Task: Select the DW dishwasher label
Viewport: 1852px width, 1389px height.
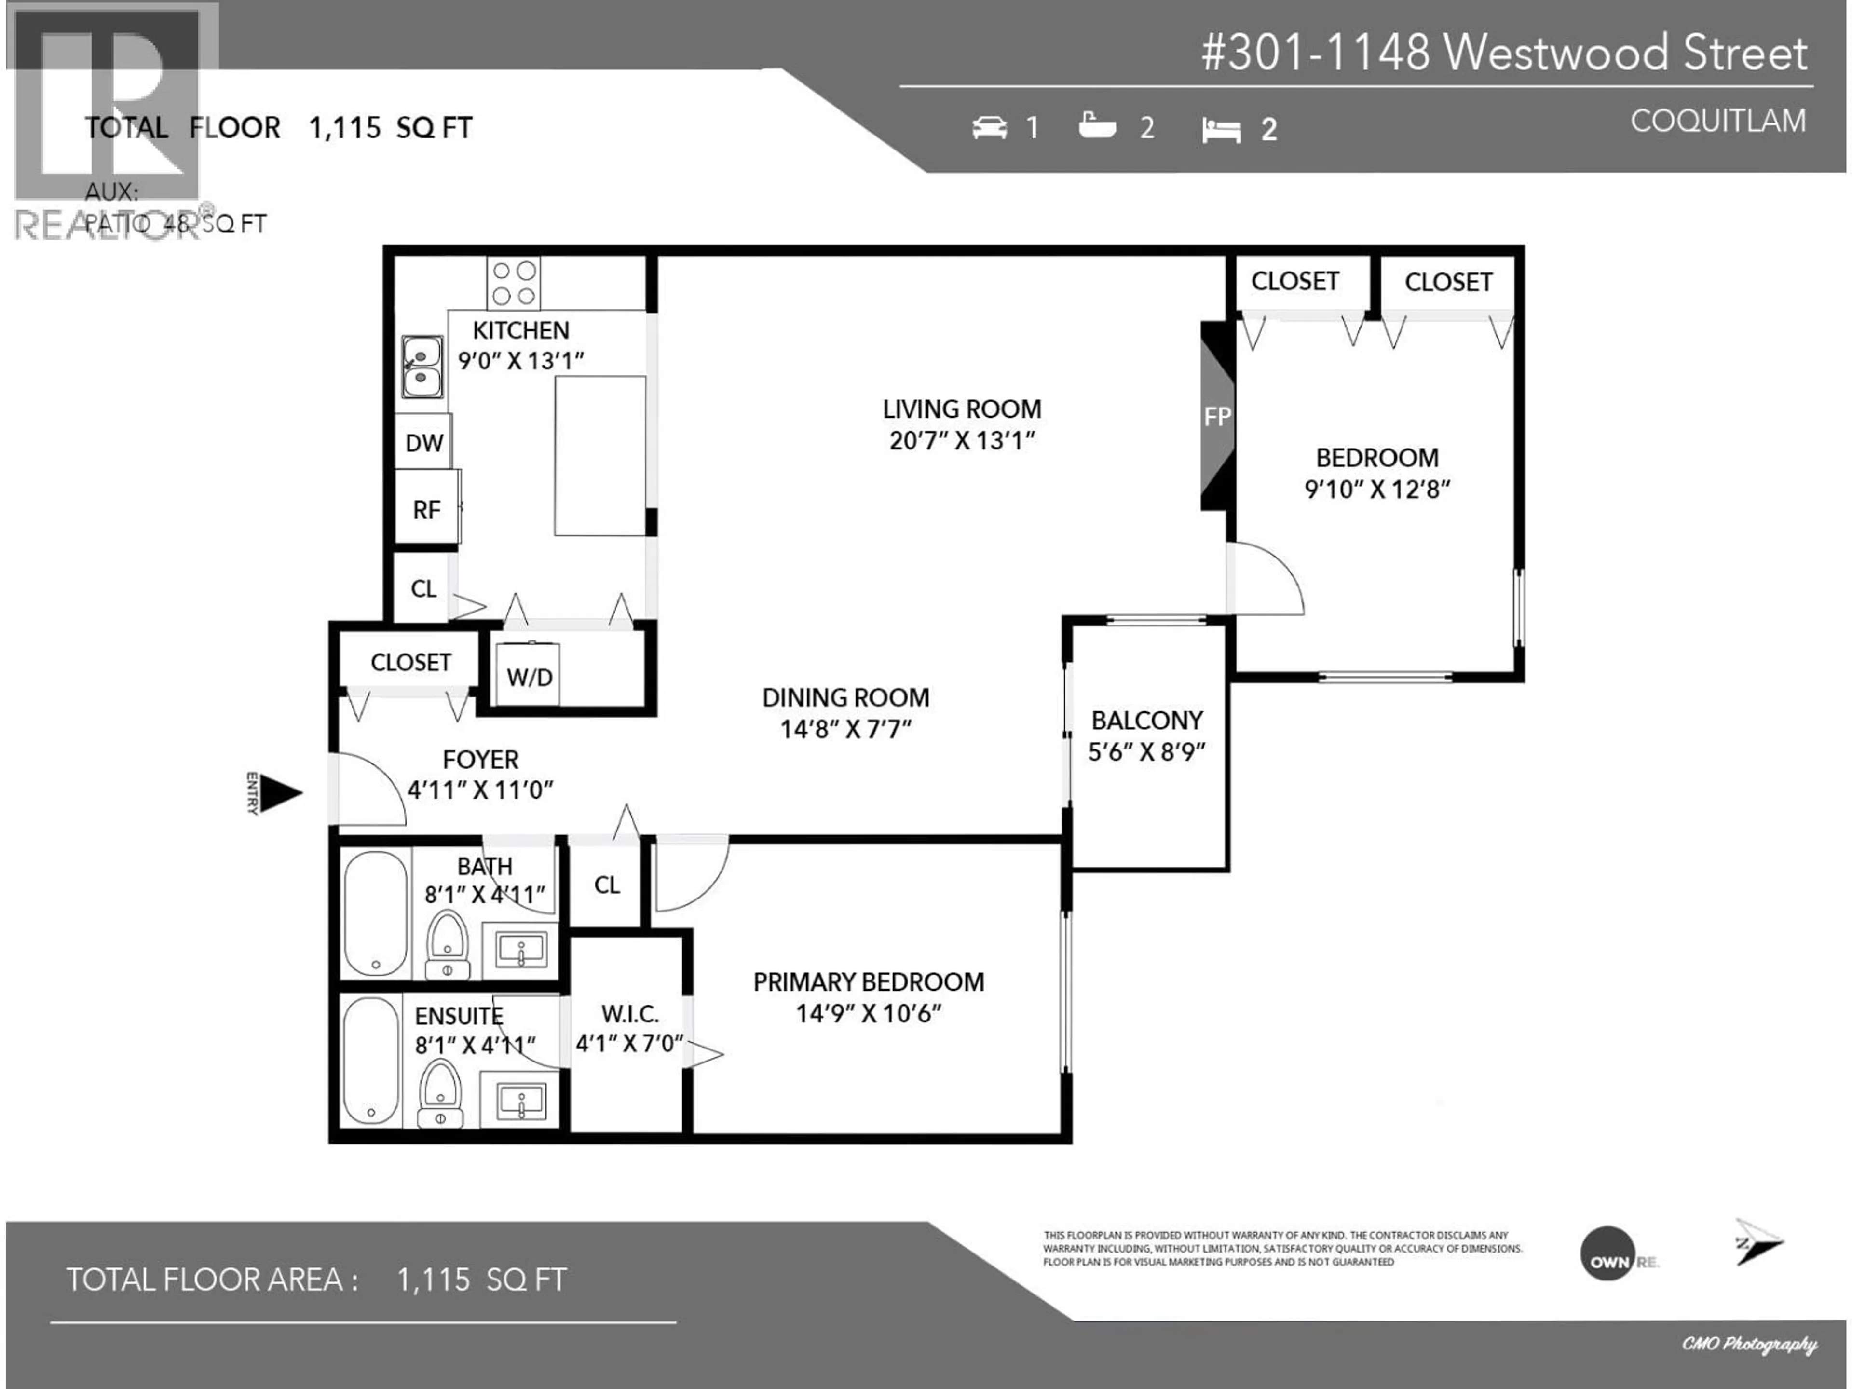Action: coord(424,443)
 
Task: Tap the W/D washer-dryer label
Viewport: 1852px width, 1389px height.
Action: coord(529,677)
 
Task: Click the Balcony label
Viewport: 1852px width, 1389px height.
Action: coord(1146,720)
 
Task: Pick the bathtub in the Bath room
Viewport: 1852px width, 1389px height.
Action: coord(376,913)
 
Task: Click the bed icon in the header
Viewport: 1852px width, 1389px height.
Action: coord(1221,130)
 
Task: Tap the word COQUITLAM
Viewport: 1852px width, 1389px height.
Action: coord(1718,122)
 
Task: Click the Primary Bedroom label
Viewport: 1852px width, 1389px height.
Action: coord(868,982)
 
